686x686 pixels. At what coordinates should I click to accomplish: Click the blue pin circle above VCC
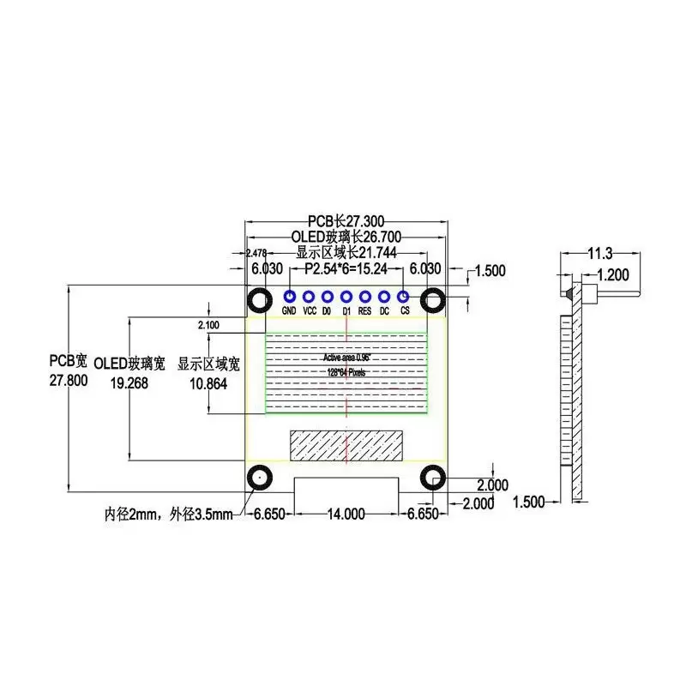[x=308, y=297]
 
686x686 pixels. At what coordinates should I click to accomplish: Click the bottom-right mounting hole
[x=433, y=478]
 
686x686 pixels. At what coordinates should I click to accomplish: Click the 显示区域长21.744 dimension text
[x=346, y=253]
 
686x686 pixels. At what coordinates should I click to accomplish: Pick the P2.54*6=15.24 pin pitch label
[x=346, y=268]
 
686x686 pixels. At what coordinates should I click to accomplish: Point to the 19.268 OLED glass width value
[x=129, y=383]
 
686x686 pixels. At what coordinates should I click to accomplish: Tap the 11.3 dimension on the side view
[x=599, y=253]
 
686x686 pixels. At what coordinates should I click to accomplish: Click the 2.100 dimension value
[x=208, y=325]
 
